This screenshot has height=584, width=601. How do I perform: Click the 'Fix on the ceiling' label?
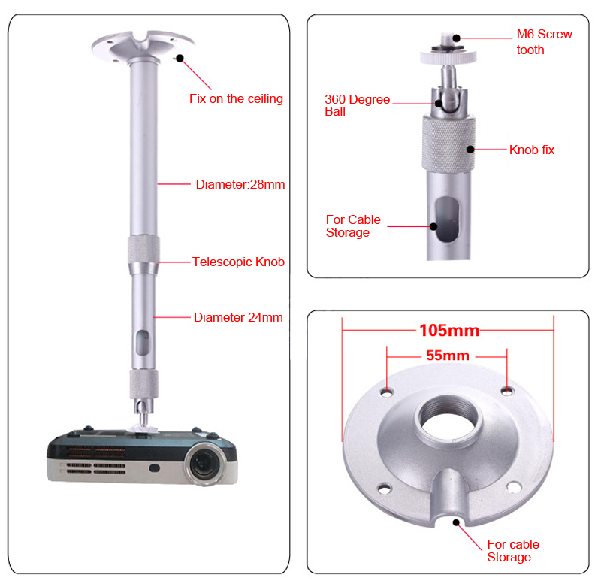[235, 98]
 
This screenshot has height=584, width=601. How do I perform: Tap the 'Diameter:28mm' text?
[240, 184]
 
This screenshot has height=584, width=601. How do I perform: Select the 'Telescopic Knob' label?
[237, 262]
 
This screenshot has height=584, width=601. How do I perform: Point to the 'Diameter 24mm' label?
[237, 317]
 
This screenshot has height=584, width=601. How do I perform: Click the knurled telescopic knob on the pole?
[144, 255]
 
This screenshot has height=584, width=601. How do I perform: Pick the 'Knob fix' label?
[532, 150]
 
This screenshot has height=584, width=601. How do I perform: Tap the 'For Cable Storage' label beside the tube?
[353, 226]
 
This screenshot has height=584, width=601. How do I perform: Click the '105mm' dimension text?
[448, 330]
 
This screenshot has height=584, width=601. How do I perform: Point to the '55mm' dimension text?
[447, 356]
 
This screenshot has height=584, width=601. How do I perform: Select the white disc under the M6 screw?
[448, 56]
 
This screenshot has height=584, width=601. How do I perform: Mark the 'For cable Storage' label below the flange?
[513, 550]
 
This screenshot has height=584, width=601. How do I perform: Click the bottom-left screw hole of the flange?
[385, 488]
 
